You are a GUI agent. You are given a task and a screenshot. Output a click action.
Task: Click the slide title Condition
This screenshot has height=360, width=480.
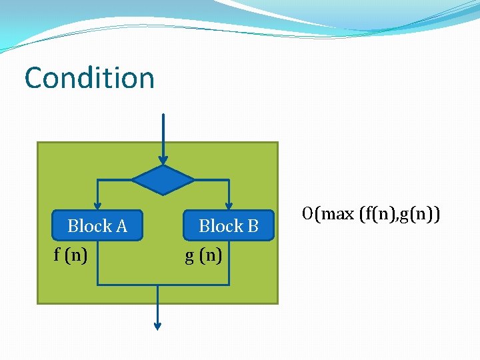[89, 77]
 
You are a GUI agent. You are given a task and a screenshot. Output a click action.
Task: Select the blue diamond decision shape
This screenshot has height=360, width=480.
[163, 180]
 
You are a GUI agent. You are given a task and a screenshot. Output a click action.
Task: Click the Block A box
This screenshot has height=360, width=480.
[97, 226]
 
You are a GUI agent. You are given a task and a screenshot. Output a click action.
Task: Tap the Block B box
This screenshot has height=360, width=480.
[229, 226]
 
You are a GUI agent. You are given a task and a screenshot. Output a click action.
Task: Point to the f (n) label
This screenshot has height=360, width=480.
[71, 255]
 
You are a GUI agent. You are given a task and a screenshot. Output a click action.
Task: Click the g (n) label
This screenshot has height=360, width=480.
[203, 255]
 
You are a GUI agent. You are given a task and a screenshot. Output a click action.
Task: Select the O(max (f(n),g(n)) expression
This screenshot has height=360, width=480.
[370, 214]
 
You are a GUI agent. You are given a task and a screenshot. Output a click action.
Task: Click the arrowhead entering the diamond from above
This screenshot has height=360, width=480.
[163, 160]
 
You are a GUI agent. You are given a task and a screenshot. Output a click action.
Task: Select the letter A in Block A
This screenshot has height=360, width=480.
[121, 226]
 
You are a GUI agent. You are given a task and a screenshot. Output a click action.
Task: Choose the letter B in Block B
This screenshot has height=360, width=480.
[253, 226]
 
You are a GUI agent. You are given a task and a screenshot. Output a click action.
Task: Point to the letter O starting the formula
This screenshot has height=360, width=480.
[307, 214]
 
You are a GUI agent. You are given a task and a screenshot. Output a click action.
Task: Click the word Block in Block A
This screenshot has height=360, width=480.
[89, 226]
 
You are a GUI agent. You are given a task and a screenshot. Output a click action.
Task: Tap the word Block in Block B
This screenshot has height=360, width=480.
[221, 226]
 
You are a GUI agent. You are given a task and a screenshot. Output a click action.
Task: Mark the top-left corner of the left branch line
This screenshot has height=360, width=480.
[98, 180]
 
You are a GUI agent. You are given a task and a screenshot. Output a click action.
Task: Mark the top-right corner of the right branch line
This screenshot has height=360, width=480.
[229, 180]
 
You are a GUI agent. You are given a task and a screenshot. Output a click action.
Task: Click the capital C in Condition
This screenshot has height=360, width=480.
[34, 78]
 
